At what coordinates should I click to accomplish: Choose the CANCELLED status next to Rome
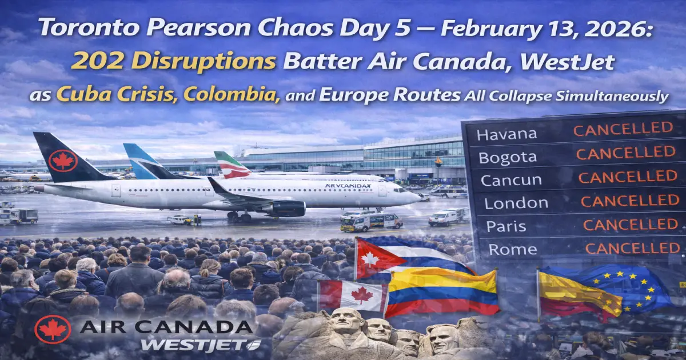pyautogui.click(x=633, y=248)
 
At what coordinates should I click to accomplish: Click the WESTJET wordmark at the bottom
pyautogui.click(x=200, y=345)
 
